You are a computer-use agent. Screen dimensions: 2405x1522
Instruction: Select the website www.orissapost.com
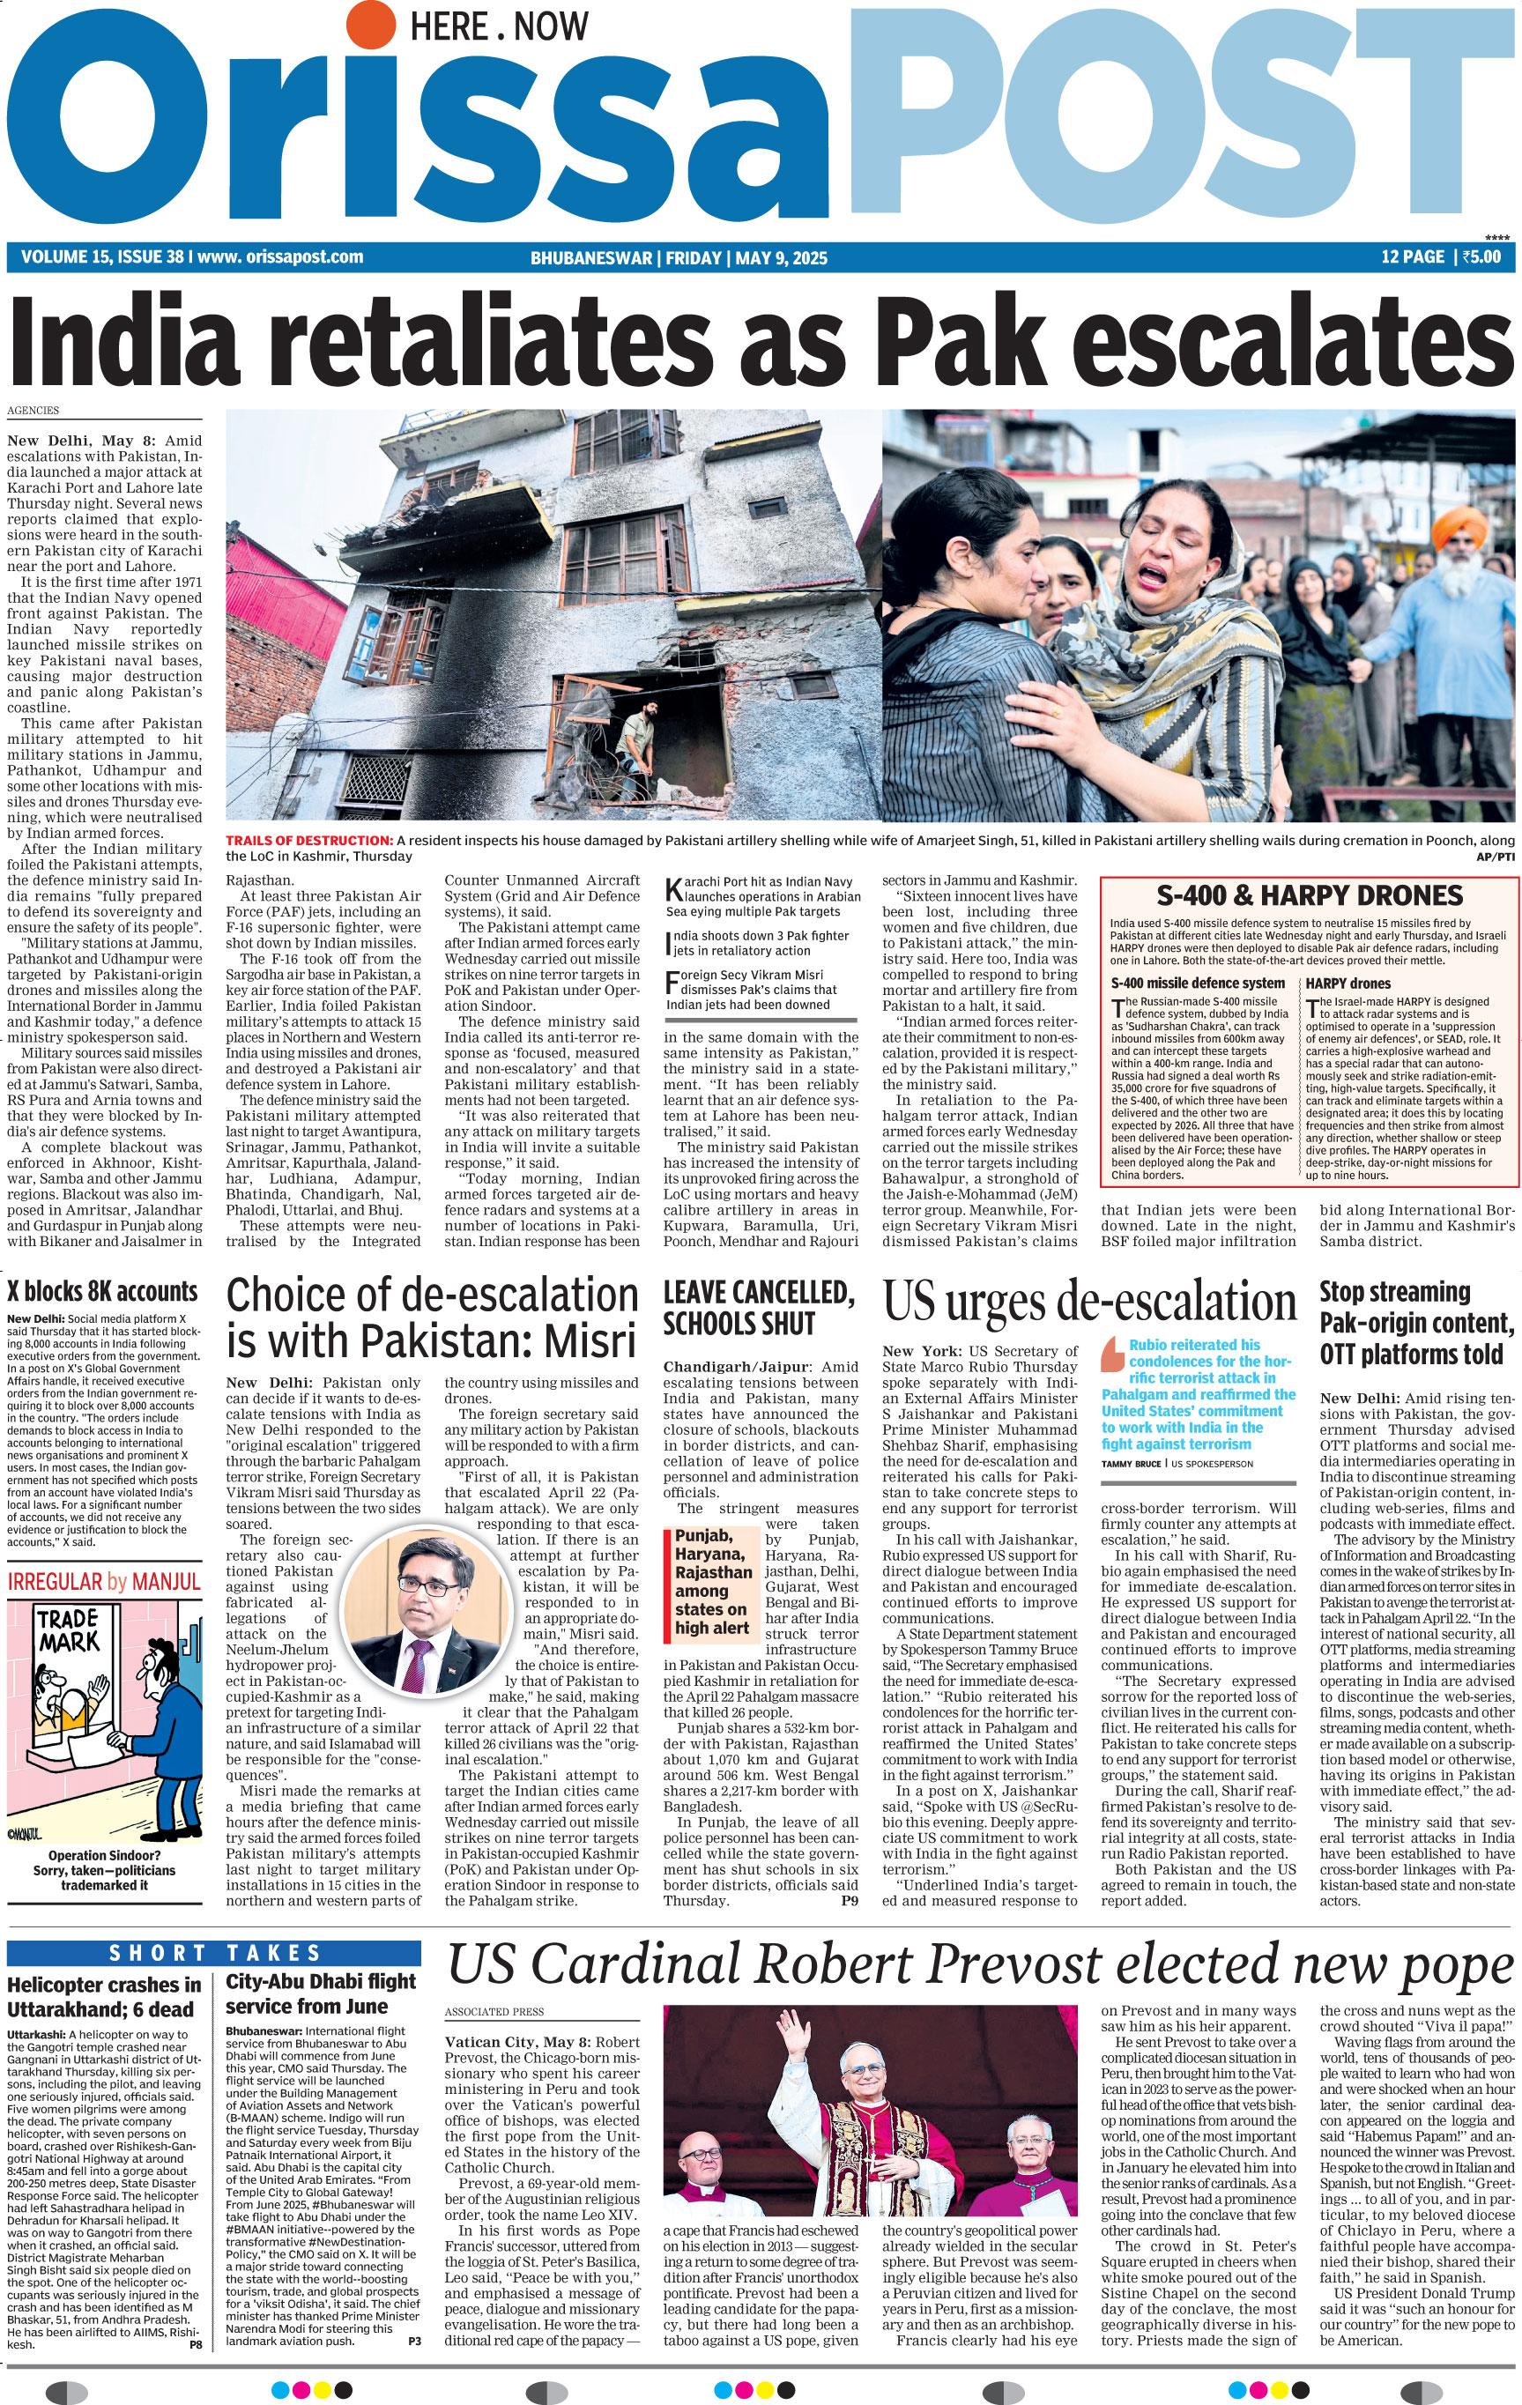click(x=279, y=256)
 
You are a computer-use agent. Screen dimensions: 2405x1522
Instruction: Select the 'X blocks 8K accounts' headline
click(x=103, y=1291)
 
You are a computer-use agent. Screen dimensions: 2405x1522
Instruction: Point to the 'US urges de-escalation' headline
click(x=1089, y=1302)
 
